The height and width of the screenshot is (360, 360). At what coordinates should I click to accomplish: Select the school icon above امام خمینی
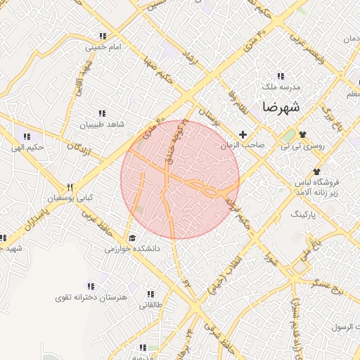[103, 36]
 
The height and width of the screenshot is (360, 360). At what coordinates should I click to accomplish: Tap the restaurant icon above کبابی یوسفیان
[70, 187]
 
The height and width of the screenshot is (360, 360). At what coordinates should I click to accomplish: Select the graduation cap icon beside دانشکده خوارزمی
[132, 238]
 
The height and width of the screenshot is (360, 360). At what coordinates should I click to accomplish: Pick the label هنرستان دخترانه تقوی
[93, 297]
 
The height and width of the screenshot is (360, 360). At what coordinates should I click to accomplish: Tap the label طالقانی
[151, 305]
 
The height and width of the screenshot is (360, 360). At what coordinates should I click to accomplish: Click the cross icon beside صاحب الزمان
[243, 134]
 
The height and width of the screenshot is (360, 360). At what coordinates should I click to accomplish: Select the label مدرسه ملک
[281, 86]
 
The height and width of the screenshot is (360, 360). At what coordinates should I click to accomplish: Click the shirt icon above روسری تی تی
[302, 134]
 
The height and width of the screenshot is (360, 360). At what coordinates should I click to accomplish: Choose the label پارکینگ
[304, 211]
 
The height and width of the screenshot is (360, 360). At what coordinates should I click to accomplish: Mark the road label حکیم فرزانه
[239, 210]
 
